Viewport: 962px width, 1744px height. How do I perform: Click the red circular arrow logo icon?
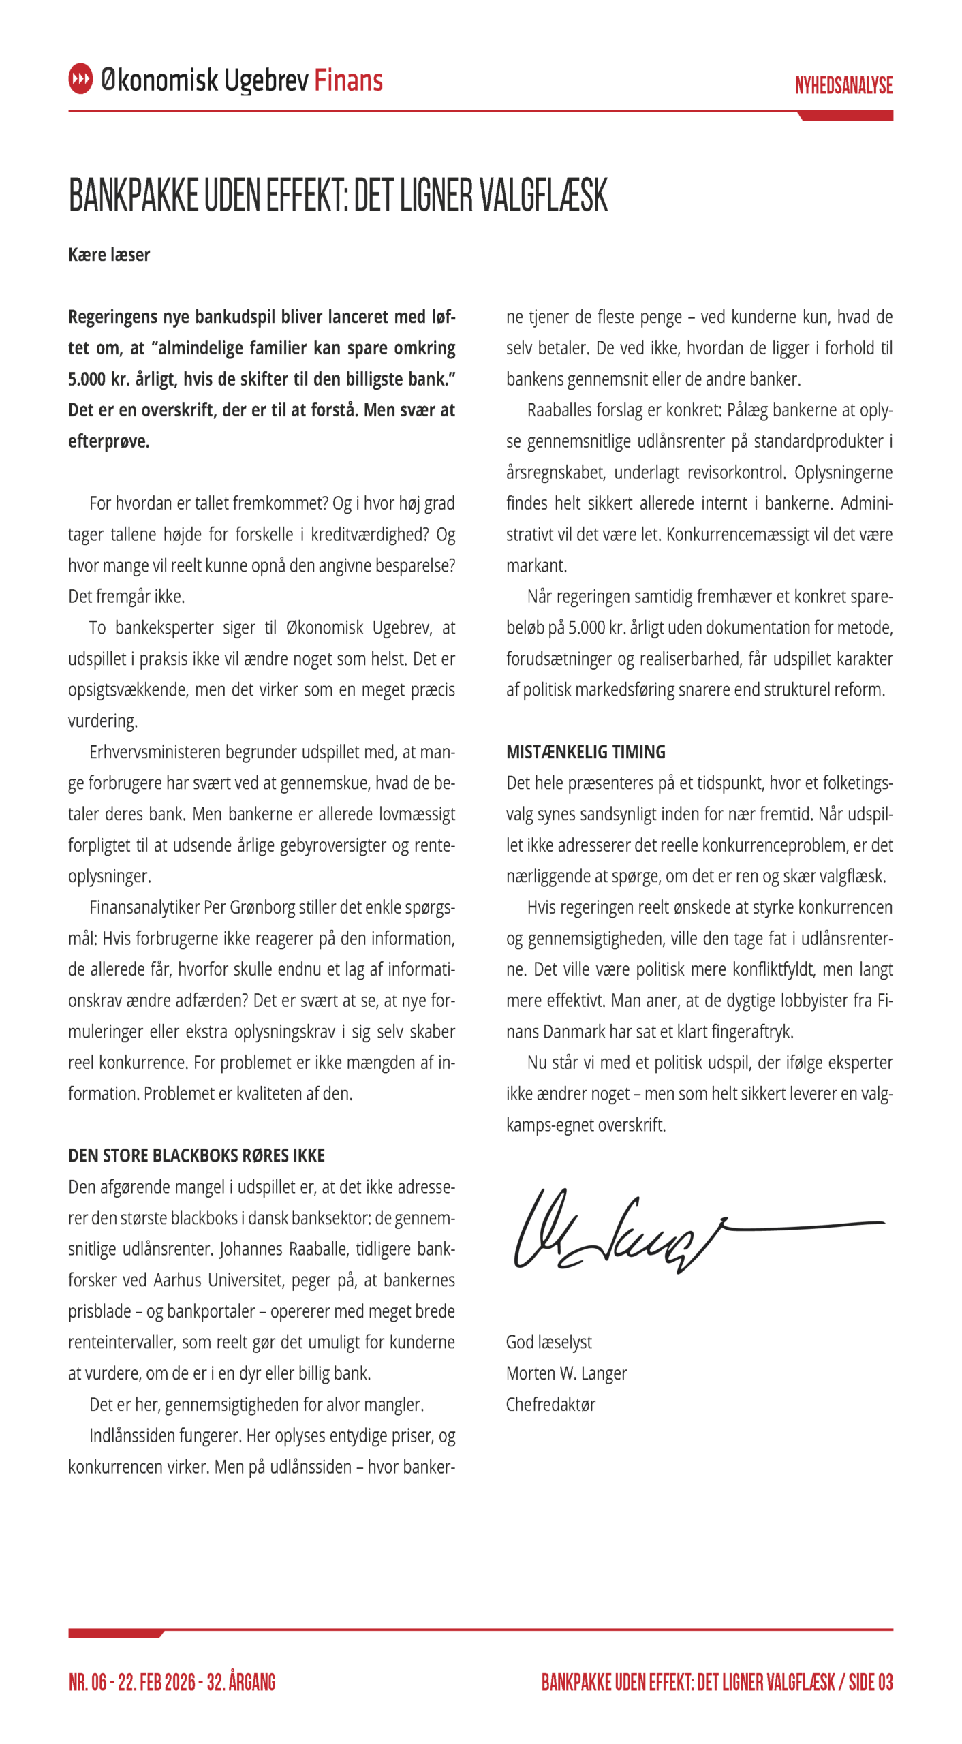[x=80, y=79]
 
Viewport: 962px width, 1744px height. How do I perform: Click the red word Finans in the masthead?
[x=348, y=80]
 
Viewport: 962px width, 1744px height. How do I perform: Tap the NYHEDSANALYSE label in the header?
[x=843, y=85]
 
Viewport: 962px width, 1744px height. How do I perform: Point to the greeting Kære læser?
[x=109, y=255]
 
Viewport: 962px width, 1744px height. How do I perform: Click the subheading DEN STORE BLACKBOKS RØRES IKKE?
[x=196, y=1155]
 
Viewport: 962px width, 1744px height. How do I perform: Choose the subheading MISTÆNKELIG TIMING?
[x=585, y=752]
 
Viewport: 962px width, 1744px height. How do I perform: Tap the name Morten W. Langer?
[x=566, y=1373]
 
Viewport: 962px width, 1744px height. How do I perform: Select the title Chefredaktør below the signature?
[x=550, y=1404]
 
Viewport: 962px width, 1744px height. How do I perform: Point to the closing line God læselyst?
[x=548, y=1342]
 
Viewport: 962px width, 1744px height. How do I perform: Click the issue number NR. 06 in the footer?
[x=88, y=1682]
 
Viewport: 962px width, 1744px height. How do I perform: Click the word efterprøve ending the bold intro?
[x=108, y=441]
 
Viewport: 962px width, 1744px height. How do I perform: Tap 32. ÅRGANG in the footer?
[x=241, y=1682]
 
